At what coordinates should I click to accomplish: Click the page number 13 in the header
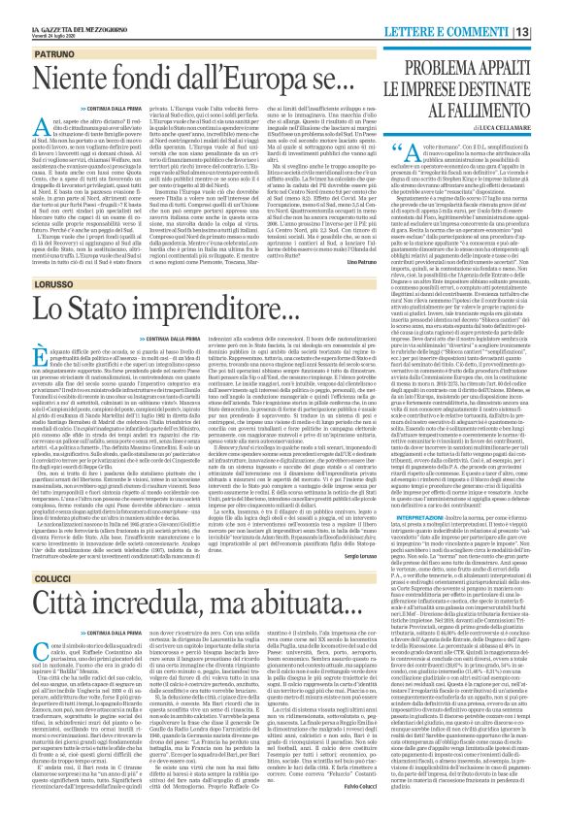pyautogui.click(x=548, y=34)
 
